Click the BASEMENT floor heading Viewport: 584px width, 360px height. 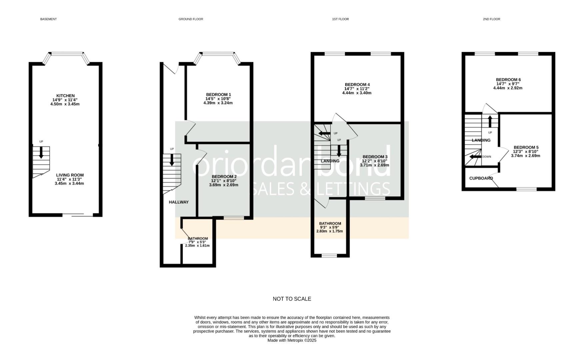coord(48,19)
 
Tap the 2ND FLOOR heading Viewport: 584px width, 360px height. coord(491,19)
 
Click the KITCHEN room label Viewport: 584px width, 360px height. coord(65,96)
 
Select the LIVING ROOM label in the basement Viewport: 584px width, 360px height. coord(70,175)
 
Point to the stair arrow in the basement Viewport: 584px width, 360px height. coord(41,152)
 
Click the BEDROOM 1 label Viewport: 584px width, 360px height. coord(218,95)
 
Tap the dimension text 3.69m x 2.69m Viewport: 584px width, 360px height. coord(223,185)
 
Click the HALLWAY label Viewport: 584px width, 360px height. coord(179,202)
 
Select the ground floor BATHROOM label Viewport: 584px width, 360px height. coord(198,239)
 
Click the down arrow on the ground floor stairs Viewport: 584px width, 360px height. coord(172,160)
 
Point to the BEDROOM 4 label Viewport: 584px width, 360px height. coord(357,85)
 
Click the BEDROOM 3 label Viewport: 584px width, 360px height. coord(375,157)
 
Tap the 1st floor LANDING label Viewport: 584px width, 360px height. coord(330,161)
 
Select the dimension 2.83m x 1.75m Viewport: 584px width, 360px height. coord(329,231)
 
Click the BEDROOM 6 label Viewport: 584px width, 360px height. coord(508,80)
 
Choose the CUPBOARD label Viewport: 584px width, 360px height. coord(481,178)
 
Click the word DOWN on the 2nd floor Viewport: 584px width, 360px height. coord(486,157)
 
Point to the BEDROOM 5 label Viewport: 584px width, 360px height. coord(526,147)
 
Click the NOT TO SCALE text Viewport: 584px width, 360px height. coord(292,299)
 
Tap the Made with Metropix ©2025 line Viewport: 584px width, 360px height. coord(292,341)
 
